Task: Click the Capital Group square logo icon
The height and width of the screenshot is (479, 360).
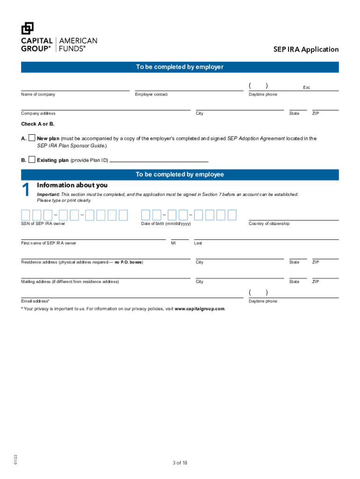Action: point(28,28)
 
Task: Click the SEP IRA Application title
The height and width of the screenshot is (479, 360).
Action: point(306,50)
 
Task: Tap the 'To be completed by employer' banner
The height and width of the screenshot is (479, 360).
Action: point(180,67)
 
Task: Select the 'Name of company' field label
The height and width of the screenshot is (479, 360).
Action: point(38,94)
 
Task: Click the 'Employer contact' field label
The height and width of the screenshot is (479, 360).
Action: point(151,94)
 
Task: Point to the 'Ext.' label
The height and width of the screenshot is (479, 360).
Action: point(307,87)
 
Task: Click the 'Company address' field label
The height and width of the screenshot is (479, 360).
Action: point(38,114)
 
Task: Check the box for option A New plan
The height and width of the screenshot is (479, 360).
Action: point(32,138)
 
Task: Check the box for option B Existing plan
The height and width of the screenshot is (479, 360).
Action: point(32,160)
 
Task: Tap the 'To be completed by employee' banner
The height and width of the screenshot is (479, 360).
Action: point(180,174)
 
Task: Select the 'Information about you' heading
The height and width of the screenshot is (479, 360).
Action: point(72,185)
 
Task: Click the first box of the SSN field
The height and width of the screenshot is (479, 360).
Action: point(26,215)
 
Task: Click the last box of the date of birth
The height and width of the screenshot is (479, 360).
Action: point(232,215)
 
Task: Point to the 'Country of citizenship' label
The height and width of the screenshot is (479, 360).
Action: point(269,224)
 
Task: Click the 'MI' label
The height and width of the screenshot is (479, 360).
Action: point(173,243)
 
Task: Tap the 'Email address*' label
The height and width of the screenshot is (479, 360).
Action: point(35,301)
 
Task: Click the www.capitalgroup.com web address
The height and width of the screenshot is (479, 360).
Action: point(200,309)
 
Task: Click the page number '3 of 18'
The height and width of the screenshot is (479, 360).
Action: point(180,463)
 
